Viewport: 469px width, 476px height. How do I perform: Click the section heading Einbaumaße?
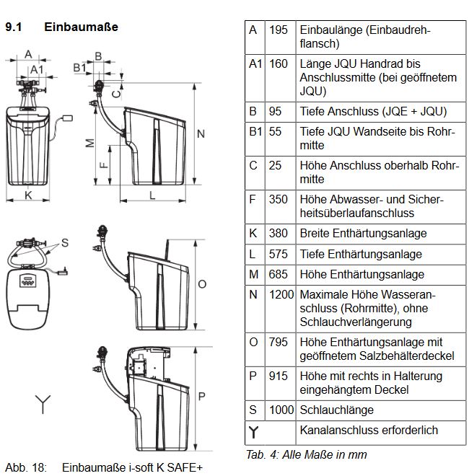point(81,27)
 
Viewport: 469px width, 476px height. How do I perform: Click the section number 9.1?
point(15,27)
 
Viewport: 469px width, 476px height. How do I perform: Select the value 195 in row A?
point(278,30)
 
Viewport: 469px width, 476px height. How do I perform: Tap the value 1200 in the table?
point(281,294)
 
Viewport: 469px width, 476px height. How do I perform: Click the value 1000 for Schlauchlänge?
point(281,410)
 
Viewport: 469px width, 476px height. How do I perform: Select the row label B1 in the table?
point(255,132)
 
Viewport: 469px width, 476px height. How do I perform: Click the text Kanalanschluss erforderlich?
point(368,430)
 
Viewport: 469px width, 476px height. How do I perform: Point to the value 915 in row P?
point(278,376)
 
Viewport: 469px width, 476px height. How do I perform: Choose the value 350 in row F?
point(278,199)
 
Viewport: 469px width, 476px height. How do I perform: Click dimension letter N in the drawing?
point(201,134)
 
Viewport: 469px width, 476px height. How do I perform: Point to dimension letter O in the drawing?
point(202,283)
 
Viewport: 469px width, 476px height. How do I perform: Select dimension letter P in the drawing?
point(202,395)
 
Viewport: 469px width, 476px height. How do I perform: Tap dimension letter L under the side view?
point(153,195)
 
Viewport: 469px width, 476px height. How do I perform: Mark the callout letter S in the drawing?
point(64,242)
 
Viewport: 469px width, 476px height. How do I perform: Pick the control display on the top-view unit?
point(27,281)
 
